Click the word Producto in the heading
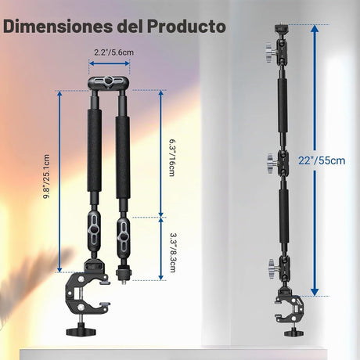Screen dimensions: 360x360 (186, 26)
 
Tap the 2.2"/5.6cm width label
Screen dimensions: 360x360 (114, 52)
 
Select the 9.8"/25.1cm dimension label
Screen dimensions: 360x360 (46, 177)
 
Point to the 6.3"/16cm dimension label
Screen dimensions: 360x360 (171, 157)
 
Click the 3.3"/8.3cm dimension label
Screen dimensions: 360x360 (172, 253)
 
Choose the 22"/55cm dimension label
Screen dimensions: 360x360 (322, 160)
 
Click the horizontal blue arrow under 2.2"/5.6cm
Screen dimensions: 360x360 (110, 63)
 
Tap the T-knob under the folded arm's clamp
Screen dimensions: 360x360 (78, 330)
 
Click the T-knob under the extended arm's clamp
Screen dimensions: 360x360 (293, 333)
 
